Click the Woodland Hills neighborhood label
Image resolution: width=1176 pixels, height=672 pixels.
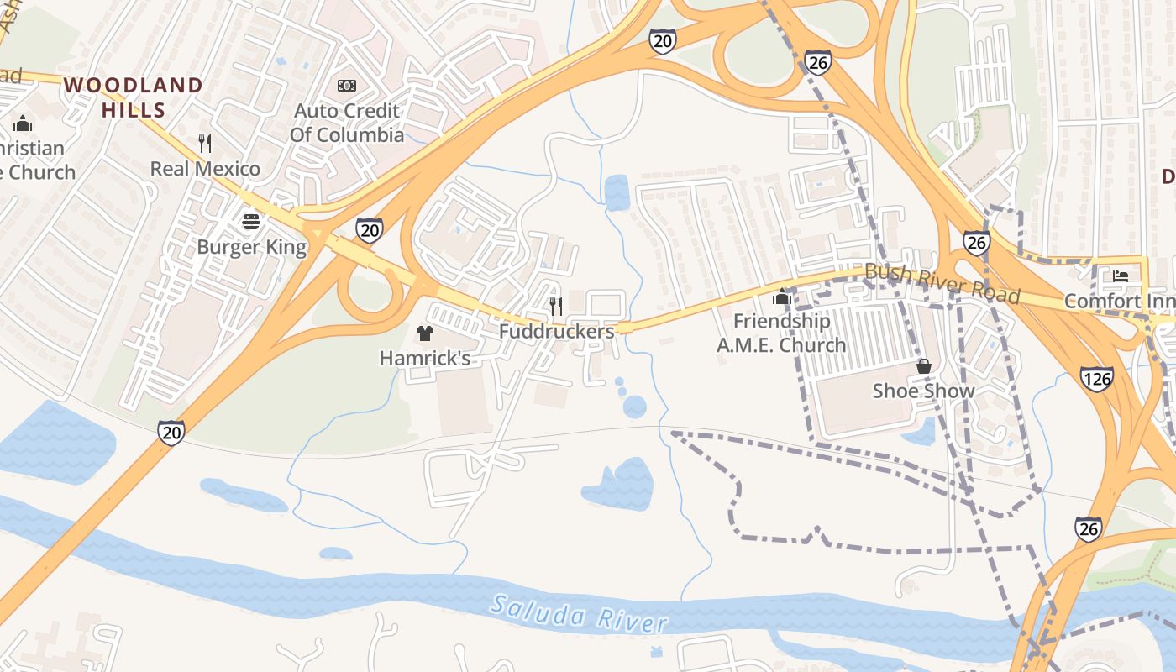coord(134,97)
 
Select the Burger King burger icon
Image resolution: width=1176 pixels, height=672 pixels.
coord(251,222)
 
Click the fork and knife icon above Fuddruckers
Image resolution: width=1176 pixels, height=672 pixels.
coord(556,306)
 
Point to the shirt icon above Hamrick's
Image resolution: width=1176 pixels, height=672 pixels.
coord(424,333)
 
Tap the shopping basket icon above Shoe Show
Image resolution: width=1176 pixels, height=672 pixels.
coord(923,366)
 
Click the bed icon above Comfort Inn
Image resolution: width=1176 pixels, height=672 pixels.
coord(1120,276)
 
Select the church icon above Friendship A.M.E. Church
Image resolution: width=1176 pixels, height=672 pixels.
coord(782,296)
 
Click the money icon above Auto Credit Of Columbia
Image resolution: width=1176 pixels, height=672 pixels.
coord(347,86)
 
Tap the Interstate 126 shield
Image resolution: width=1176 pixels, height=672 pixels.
coord(1097,378)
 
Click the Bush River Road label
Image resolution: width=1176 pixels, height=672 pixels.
coord(942,283)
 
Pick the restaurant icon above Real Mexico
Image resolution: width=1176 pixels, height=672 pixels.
coord(205,144)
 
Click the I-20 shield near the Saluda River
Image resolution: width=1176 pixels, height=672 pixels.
coord(171,433)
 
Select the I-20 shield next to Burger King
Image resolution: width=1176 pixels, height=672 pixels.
coord(369,230)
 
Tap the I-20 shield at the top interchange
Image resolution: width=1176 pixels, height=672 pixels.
coord(662,41)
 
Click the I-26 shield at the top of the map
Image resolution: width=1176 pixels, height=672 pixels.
coord(817,62)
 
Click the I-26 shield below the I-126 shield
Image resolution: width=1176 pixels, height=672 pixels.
coord(1088,529)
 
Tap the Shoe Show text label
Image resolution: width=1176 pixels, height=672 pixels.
coord(923,391)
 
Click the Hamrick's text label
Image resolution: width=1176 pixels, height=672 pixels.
coord(424,359)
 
